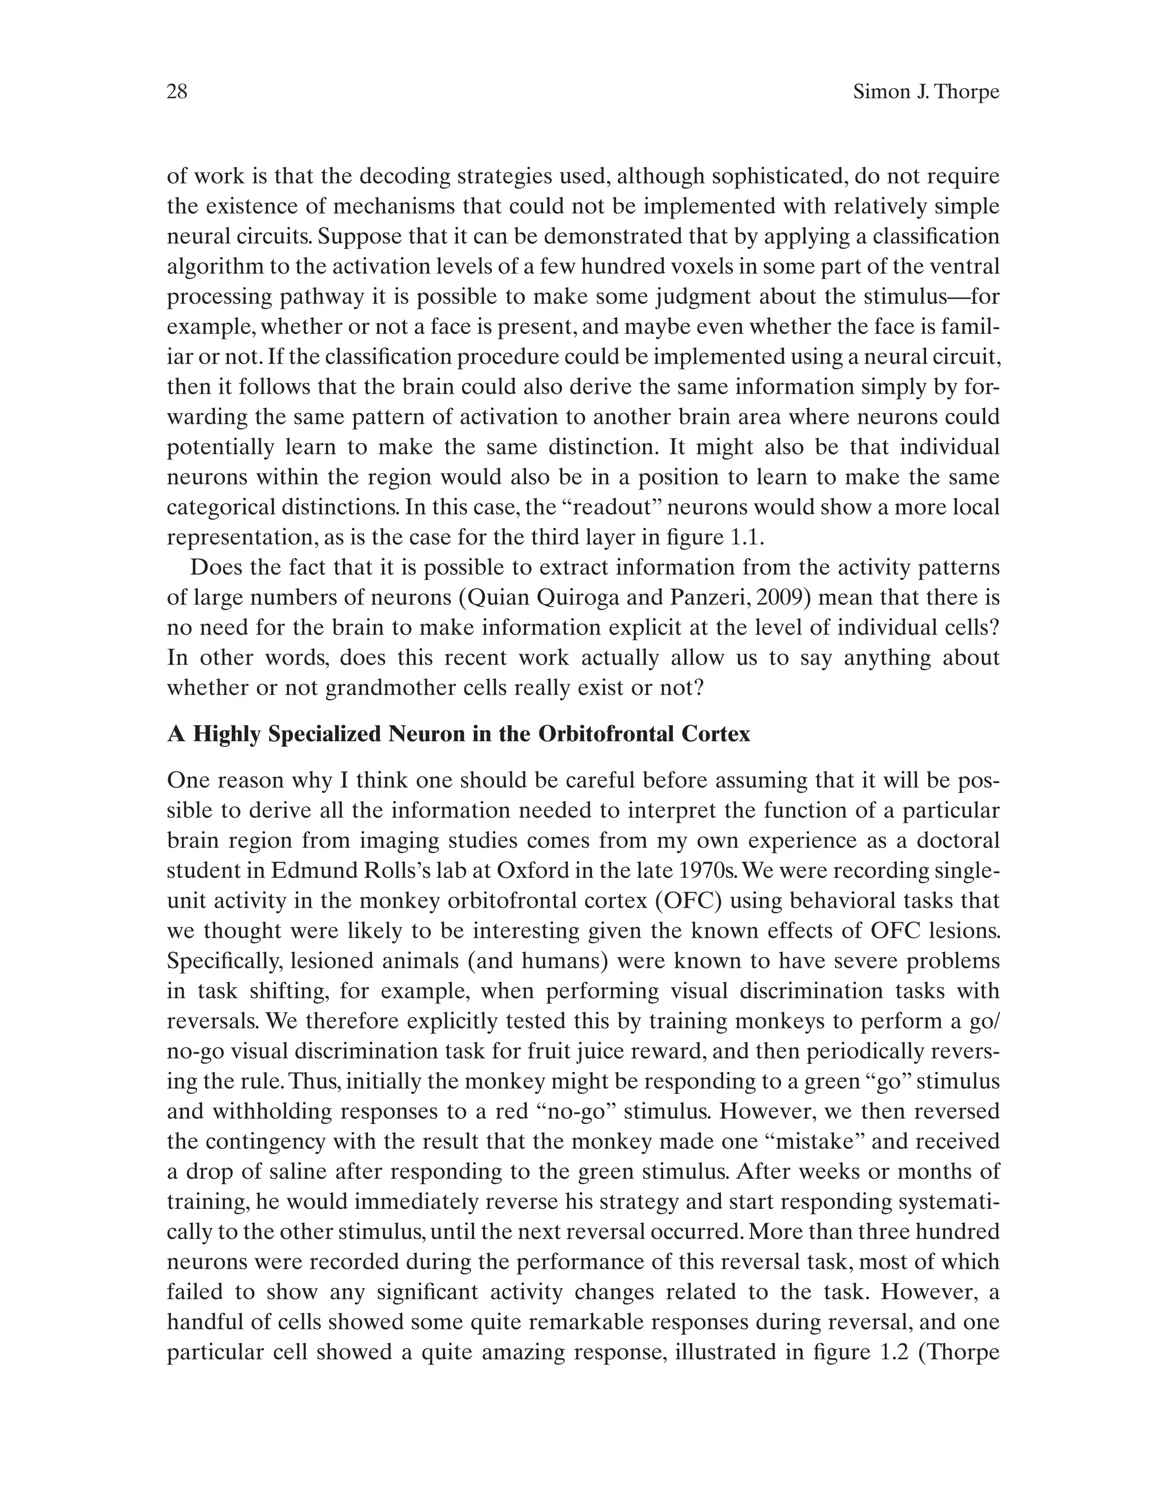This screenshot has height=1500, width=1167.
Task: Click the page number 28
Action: pyautogui.click(x=177, y=91)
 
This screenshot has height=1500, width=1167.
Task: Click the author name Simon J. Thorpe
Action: pyautogui.click(x=925, y=91)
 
